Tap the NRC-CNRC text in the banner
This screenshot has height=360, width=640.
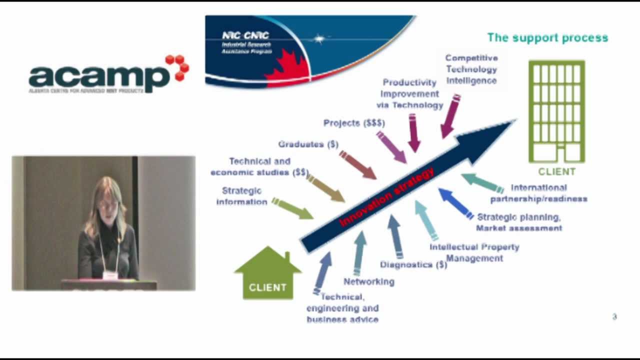tap(245, 35)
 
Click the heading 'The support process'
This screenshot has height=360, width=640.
tap(547, 38)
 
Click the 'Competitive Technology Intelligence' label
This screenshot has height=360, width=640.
tap(471, 69)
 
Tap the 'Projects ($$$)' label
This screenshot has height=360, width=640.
tap(354, 123)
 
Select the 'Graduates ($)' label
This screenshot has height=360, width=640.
tap(308, 144)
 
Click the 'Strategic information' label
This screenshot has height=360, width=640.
tap(242, 196)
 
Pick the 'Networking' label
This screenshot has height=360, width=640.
tap(369, 281)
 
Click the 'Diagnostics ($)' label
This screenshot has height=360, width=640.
tap(413, 264)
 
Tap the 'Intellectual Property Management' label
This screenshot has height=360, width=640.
tap(474, 252)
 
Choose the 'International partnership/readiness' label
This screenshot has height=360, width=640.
tap(538, 193)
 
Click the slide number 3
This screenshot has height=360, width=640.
tap(614, 316)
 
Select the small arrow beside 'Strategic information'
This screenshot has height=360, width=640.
tap(292, 208)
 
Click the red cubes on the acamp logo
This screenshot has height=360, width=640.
tap(177, 67)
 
